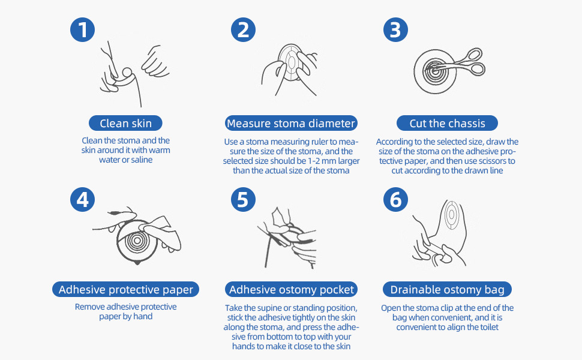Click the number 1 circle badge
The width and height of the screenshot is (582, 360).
click(x=82, y=30)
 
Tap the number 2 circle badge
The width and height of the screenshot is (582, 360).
click(x=243, y=30)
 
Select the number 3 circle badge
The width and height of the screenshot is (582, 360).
click(x=395, y=30)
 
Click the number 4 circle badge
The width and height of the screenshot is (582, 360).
click(x=82, y=199)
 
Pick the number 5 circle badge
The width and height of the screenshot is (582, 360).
click(x=243, y=199)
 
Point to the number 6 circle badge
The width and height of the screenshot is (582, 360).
click(x=395, y=199)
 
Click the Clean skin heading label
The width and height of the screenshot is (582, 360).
click(x=125, y=124)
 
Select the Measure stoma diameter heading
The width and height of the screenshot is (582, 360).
click(x=291, y=124)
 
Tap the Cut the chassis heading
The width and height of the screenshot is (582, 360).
click(x=447, y=124)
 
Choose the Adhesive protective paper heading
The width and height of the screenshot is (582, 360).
click(x=125, y=290)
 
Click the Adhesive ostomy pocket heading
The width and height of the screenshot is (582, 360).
click(x=292, y=290)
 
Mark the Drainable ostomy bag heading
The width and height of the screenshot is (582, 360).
click(x=447, y=290)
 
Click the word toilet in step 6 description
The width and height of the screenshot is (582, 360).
click(x=487, y=327)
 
